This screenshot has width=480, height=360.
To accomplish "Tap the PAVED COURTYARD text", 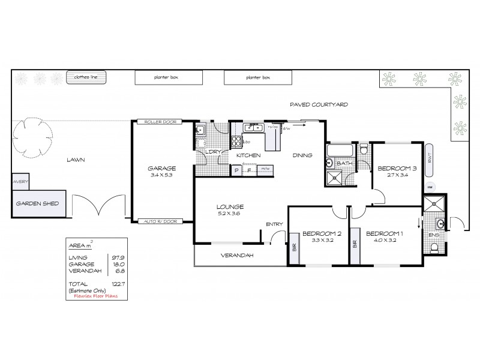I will coord(319,104).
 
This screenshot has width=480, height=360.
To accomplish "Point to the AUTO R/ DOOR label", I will coord(158,221).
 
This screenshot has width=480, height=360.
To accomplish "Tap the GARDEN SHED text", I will coord(37,203).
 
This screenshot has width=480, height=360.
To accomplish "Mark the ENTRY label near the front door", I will coord(274,224).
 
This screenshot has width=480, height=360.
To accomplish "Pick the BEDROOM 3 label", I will coord(394,167).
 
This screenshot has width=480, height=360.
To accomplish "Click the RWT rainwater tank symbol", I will coord(430,159).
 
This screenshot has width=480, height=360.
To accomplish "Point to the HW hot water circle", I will coord(430,187).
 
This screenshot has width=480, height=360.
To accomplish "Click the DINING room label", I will coord(302,155).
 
